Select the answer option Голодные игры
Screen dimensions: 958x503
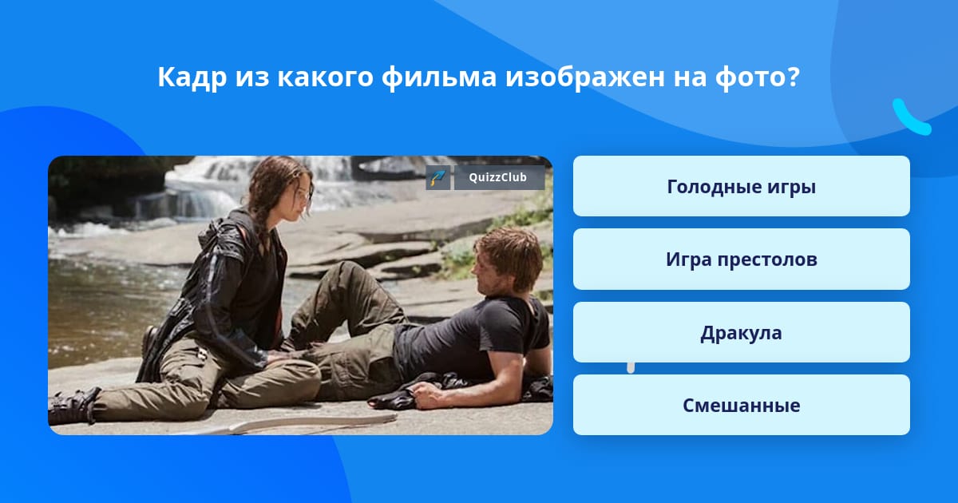click(x=741, y=187)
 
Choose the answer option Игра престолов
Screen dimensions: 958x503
click(x=741, y=259)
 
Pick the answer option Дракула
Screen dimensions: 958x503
click(x=741, y=332)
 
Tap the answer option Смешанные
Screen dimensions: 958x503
click(x=741, y=405)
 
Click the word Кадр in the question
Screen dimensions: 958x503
click(x=192, y=77)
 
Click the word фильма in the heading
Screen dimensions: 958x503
click(x=439, y=77)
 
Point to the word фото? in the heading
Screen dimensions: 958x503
click(x=757, y=77)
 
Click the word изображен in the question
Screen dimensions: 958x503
click(x=584, y=77)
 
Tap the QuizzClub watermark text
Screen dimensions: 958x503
click(x=497, y=177)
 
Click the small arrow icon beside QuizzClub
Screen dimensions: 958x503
click(x=438, y=177)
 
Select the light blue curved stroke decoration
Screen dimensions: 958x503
click(x=910, y=117)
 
